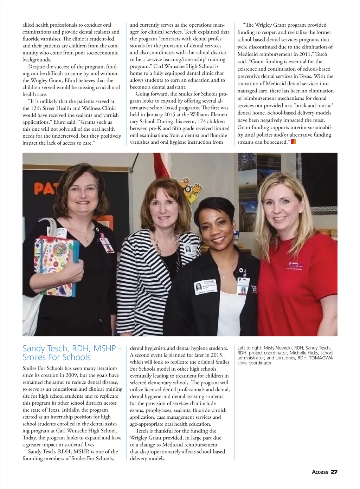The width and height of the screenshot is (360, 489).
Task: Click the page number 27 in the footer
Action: (334, 472)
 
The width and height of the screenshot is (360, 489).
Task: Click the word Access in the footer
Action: (320, 472)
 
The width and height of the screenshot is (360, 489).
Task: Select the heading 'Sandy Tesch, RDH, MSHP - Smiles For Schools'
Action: (72, 353)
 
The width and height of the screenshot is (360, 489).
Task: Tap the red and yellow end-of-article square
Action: (294, 142)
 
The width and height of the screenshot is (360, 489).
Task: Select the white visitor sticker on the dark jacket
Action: (206, 288)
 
